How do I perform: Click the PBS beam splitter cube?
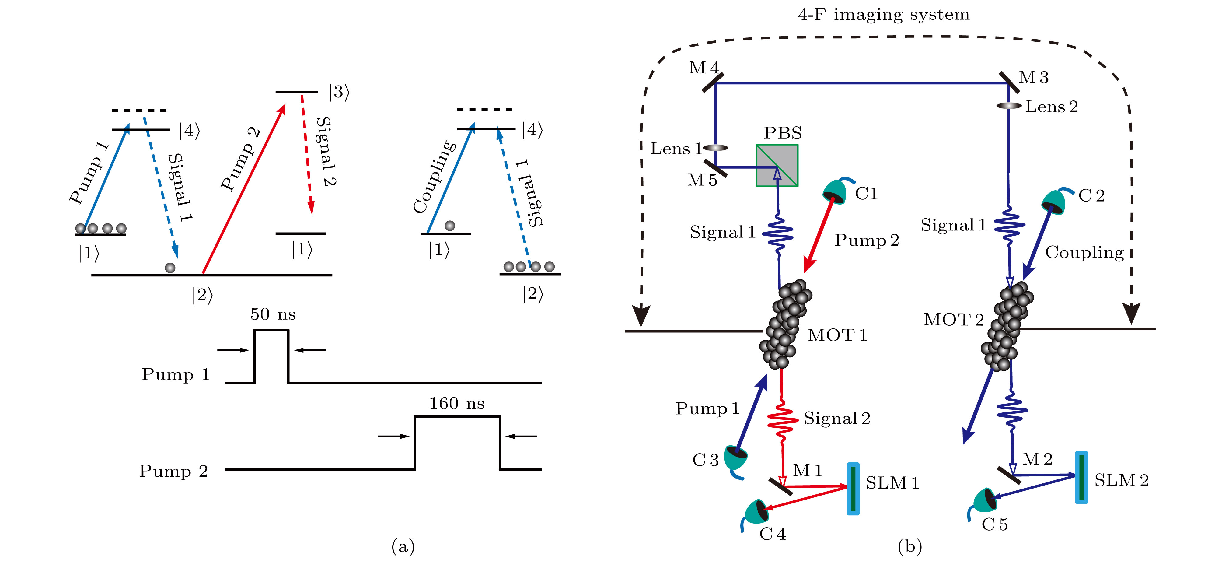(x=777, y=165)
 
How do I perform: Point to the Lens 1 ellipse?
(x=715, y=148)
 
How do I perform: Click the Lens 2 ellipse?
(x=1008, y=105)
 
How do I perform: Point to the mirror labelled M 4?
(x=713, y=82)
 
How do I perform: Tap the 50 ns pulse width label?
(x=273, y=314)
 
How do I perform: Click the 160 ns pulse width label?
(x=457, y=403)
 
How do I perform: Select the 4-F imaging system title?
(x=883, y=15)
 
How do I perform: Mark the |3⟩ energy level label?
(x=339, y=92)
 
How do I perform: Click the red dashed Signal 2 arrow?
(x=306, y=152)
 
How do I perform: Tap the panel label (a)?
(x=403, y=547)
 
